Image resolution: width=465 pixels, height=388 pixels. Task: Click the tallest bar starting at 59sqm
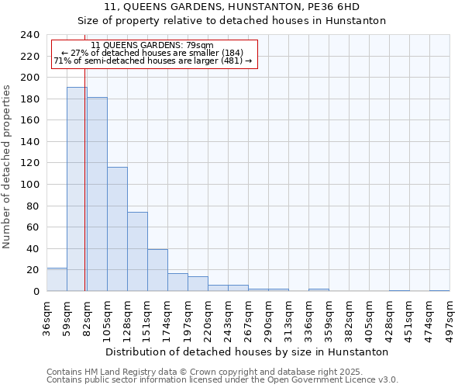coord(76,189)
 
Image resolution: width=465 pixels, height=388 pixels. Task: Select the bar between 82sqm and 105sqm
coord(97,194)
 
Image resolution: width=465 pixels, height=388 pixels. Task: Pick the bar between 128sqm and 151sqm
coord(137,251)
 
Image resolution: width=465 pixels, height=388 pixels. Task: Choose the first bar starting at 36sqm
coord(57,279)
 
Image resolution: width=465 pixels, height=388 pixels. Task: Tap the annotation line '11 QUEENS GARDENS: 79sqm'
coord(152,46)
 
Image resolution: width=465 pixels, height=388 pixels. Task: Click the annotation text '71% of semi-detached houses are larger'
coord(152,61)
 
